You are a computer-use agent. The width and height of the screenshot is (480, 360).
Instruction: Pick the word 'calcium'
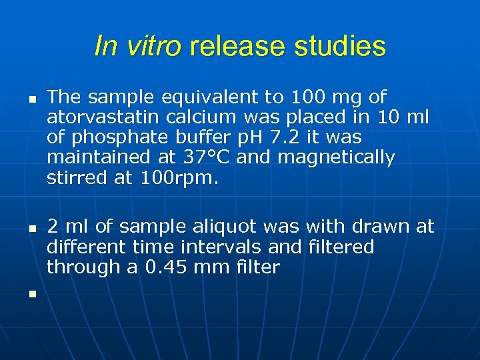(x=194, y=117)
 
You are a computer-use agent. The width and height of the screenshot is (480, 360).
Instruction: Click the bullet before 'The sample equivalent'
(x=31, y=98)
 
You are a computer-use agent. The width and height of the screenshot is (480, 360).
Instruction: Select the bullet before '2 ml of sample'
(x=31, y=228)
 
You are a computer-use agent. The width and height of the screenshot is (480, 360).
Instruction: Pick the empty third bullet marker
(x=31, y=292)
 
